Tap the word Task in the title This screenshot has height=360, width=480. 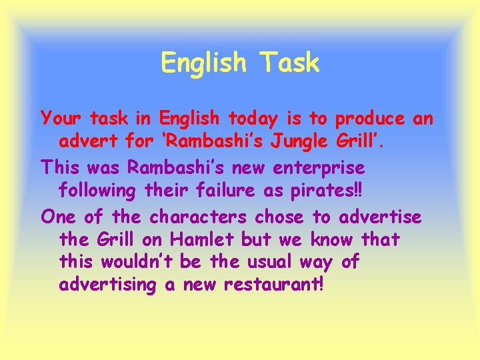coord(290,63)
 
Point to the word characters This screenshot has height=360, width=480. coord(199,217)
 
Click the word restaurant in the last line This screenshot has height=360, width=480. coord(273,285)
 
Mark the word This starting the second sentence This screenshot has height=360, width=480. coord(59,167)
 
